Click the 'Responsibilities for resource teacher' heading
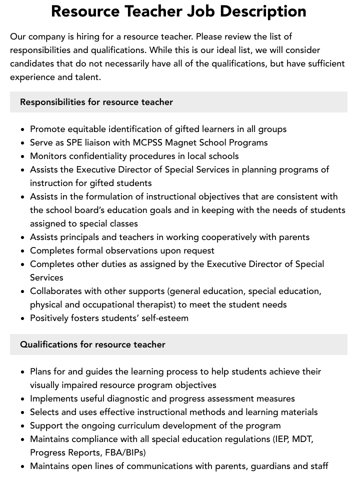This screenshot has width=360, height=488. coord(96,102)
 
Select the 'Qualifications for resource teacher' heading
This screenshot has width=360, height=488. coord(92,344)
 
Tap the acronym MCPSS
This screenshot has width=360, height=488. coord(150,142)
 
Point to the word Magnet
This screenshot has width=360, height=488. coord(186,142)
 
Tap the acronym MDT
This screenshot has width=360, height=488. coord(302,439)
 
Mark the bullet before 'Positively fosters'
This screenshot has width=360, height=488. coord(23,318)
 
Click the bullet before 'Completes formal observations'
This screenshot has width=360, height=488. coord(23,250)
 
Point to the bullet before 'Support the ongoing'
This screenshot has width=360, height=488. coord(23,425)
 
